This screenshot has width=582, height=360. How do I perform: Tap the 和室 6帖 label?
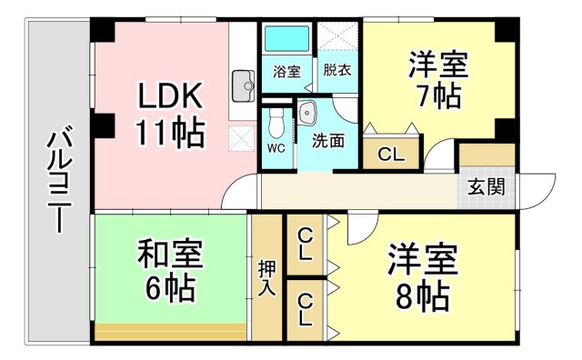tap(170, 270)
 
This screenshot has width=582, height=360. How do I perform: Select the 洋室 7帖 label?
tap(438, 80)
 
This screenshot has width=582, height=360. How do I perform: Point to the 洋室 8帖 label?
tap(422, 276)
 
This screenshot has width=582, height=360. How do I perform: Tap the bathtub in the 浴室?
tap(286, 38)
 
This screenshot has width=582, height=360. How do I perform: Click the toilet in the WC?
tap(276, 123)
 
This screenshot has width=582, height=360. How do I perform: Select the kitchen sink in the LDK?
tap(243, 86)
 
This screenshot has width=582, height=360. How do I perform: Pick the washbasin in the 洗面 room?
tap(307, 111)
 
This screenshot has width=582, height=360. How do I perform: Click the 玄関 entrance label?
tap(486, 186)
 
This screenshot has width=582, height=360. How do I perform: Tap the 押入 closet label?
tap(266, 278)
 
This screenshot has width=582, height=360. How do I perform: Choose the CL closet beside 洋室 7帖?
tap(391, 154)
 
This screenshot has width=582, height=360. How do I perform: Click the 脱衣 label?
tap(337, 70)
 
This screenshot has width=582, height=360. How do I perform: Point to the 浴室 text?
tap(286, 72)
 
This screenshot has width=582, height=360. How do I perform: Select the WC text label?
tap(276, 148)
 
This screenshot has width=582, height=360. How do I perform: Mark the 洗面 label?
tap(327, 141)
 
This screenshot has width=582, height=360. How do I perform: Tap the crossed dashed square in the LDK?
tap(242, 138)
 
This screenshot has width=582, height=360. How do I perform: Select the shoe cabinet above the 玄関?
tap(487, 155)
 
